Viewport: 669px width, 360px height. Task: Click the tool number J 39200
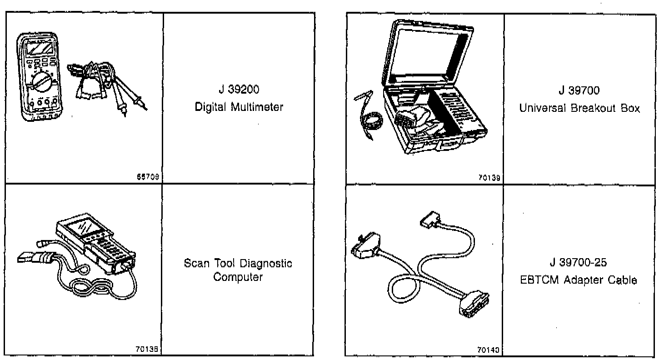239,90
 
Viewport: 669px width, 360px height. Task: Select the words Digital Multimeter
239,107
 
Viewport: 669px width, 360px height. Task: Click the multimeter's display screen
40,48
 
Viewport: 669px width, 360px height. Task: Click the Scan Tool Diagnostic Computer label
238,270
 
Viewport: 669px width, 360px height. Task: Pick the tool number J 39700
579,90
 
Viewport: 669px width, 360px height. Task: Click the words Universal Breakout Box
579,108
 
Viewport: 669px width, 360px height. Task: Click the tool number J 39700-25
578,263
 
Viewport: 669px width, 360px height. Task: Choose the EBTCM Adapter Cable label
578,280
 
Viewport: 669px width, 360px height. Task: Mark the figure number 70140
489,350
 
